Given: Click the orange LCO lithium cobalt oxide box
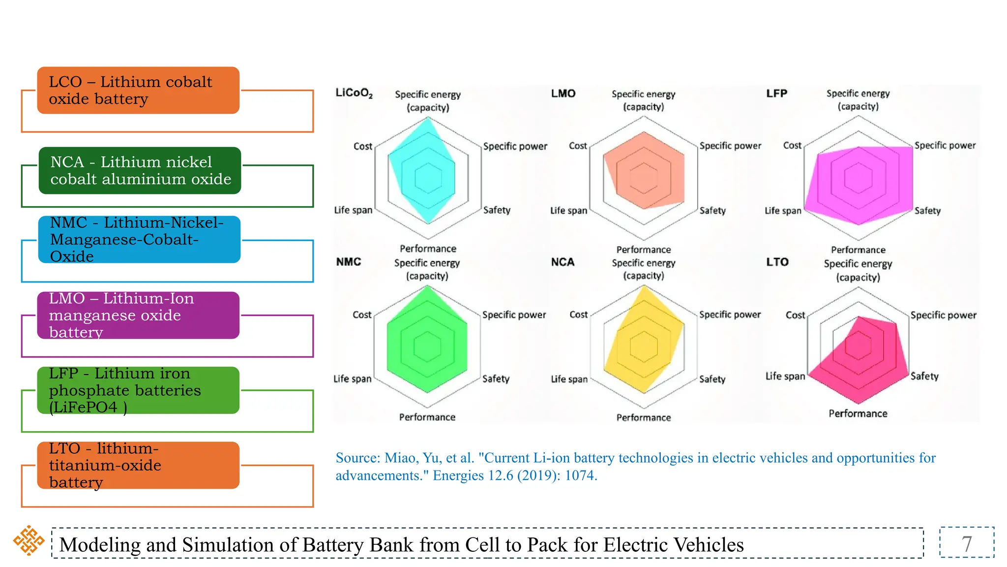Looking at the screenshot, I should point(138,91).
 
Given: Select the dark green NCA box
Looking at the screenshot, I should point(140,170).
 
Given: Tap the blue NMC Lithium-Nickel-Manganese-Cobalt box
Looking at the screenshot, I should point(139,239).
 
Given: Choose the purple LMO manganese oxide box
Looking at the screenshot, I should point(138,315).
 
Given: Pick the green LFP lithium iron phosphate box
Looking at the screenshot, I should point(138,390).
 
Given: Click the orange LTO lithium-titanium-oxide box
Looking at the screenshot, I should point(138,465).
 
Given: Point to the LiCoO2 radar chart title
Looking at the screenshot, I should point(354,93).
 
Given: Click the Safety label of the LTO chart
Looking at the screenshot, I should point(924,377).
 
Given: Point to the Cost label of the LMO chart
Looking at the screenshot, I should point(578,146).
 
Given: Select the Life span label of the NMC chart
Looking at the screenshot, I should point(352,379).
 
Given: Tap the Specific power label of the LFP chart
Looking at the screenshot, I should point(945,145).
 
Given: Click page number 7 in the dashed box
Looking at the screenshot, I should point(966,544).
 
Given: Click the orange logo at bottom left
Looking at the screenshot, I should point(29,540).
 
